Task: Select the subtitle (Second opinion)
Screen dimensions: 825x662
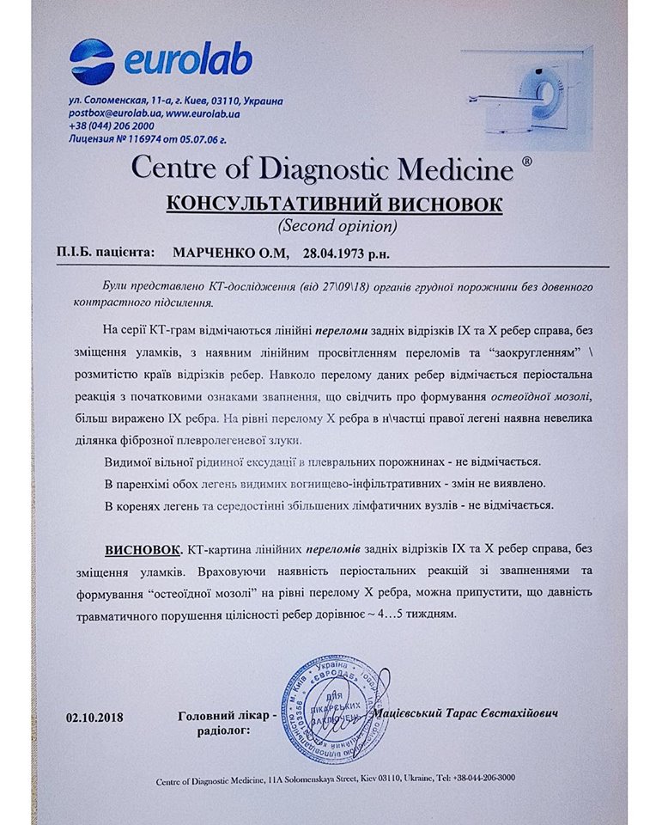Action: tap(337, 227)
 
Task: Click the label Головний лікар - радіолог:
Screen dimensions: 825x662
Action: tap(227, 722)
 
